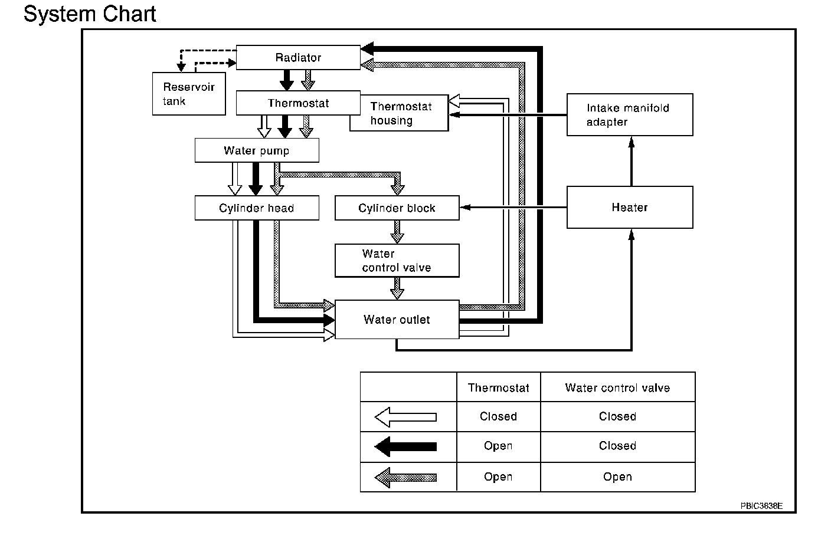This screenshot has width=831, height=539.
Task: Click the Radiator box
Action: pos(298,57)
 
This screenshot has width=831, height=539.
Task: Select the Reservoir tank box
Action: pos(189,94)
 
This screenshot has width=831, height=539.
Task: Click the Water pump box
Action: pos(257,150)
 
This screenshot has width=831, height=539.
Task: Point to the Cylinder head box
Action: pos(257,208)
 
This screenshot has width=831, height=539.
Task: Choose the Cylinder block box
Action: pos(397,208)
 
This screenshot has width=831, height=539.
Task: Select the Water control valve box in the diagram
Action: pos(397,261)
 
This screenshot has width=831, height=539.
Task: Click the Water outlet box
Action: pos(397,319)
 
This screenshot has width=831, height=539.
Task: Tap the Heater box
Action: pos(630,207)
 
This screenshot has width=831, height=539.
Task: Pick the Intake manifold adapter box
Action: pos(630,114)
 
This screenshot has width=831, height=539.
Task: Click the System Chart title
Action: pos(90,14)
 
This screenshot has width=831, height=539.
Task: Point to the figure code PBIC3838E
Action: pos(761,506)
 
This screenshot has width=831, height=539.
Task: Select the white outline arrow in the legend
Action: pos(405,417)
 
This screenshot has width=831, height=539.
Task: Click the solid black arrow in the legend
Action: pos(405,446)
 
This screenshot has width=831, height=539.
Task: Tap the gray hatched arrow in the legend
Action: pos(405,478)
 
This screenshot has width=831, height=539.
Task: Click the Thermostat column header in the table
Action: pos(498,388)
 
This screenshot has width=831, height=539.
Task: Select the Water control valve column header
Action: pos(617,388)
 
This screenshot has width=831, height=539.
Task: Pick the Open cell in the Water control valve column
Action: pos(617,476)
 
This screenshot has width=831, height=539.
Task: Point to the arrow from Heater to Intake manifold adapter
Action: pos(632,161)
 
